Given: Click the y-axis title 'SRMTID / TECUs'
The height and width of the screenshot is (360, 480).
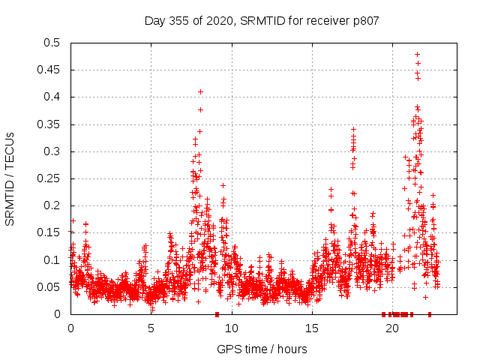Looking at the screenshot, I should click(10, 178).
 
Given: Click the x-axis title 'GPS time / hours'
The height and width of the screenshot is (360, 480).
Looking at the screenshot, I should click(262, 349).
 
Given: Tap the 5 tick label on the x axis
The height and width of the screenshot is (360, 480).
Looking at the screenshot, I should click(151, 328).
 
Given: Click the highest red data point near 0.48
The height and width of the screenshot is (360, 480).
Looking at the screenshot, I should click(418, 54).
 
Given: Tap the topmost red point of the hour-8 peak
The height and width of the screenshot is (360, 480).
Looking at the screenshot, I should click(200, 91).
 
